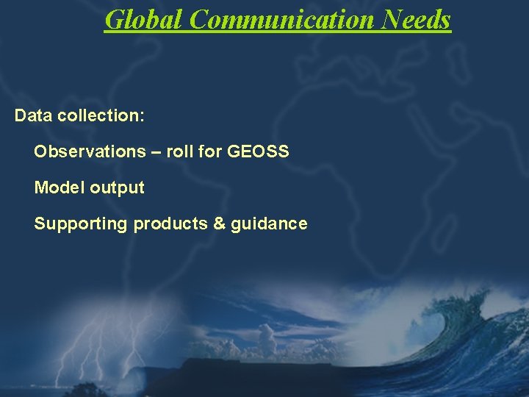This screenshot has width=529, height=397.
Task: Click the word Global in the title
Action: (x=144, y=20)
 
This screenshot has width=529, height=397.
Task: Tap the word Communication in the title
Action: (x=283, y=20)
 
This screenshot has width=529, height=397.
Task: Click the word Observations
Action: (x=90, y=151)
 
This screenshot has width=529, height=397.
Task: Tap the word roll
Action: (x=180, y=151)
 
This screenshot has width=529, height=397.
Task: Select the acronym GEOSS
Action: (x=259, y=151)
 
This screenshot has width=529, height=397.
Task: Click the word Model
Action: (x=60, y=187)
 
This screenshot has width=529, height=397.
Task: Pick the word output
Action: (x=118, y=188)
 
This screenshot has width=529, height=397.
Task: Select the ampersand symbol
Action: (x=219, y=223)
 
